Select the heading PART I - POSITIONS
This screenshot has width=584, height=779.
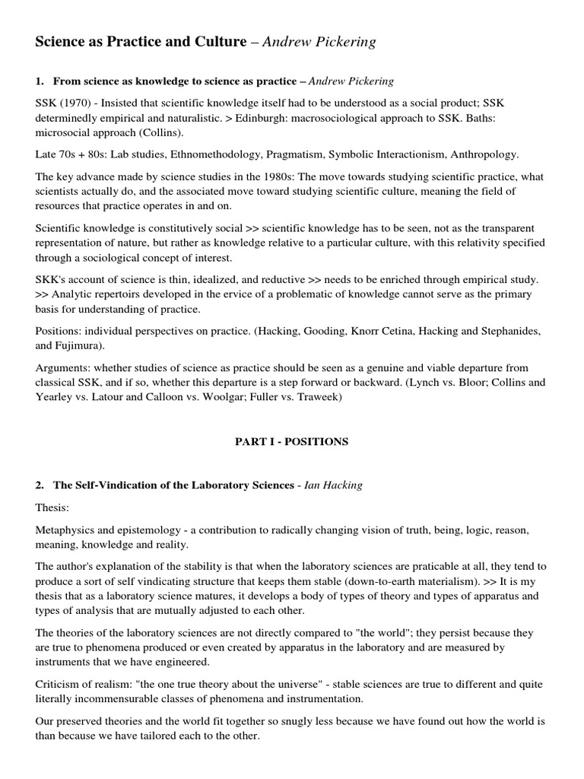coord(292,442)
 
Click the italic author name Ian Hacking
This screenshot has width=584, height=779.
coord(333,485)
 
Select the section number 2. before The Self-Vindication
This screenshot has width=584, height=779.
coord(40,485)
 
